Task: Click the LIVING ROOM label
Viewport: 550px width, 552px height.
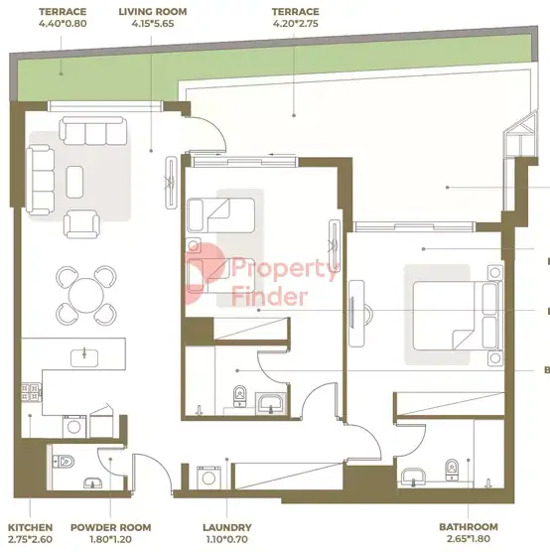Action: [153, 12]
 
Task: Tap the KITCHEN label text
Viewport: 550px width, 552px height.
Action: [31, 527]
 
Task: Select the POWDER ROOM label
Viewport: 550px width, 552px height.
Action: [110, 527]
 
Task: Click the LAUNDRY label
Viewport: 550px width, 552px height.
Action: [227, 527]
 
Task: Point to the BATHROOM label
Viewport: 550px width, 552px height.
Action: [469, 526]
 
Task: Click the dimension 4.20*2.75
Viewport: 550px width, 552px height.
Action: [296, 24]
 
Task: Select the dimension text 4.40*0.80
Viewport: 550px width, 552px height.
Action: [63, 24]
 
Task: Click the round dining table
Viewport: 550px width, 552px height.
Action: [86, 296]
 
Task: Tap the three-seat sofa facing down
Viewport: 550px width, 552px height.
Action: [93, 131]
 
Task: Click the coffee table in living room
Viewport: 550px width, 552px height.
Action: [74, 182]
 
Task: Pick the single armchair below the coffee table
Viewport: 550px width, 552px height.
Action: [81, 224]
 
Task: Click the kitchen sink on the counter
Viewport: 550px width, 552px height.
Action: [84, 358]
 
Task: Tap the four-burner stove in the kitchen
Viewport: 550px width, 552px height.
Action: [31, 392]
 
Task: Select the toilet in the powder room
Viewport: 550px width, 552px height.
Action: [64, 461]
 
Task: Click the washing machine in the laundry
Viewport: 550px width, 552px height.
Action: [208, 478]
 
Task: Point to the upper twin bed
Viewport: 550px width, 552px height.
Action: [220, 215]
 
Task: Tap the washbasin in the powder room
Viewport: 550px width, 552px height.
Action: [93, 483]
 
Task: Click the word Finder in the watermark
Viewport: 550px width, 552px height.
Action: [270, 297]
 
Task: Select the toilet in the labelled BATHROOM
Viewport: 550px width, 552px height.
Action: [452, 470]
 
